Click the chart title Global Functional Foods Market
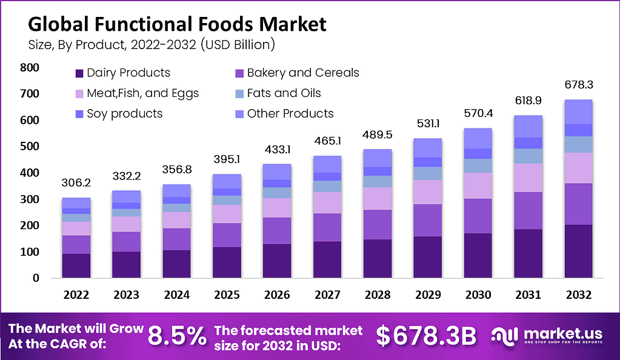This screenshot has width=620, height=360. [177, 24]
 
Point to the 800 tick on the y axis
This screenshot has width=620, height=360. [29, 68]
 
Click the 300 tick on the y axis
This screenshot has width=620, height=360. [29, 199]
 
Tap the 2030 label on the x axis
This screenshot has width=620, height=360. [479, 295]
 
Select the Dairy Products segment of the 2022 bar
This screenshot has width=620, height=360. [76, 265]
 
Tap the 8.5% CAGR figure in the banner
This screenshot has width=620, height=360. [177, 335]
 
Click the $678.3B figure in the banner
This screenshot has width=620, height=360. [427, 335]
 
